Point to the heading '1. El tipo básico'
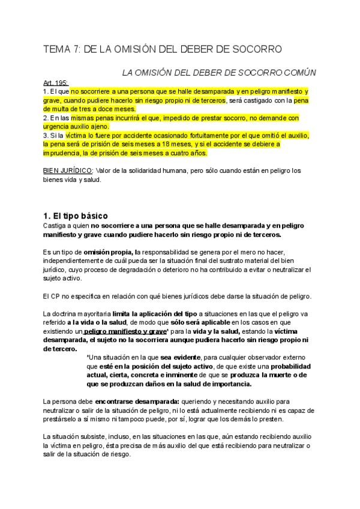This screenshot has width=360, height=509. click(x=80, y=215)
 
